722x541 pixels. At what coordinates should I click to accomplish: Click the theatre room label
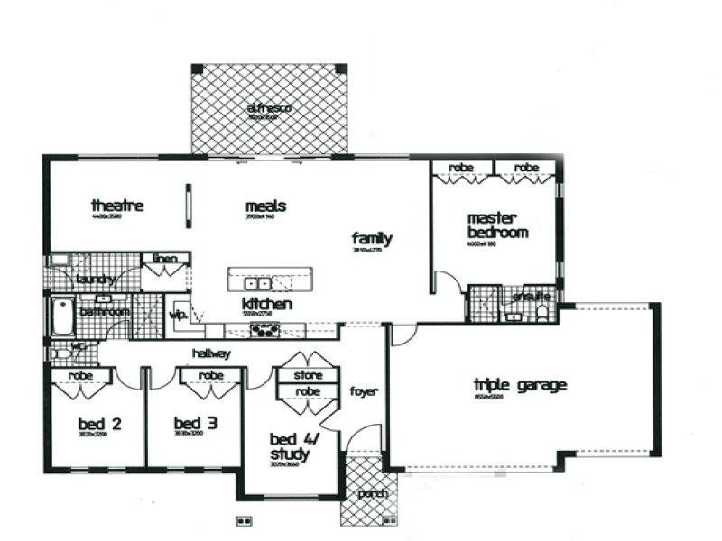(116, 206)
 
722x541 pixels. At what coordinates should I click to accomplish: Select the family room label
(372, 239)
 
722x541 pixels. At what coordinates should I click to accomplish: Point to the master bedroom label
(496, 225)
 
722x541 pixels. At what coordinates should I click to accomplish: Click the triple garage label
(520, 386)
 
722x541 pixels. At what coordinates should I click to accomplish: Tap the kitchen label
(266, 305)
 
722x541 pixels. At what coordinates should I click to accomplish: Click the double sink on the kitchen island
(255, 282)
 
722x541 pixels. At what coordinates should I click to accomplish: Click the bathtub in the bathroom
(60, 316)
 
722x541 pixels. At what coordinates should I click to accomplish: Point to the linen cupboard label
(165, 260)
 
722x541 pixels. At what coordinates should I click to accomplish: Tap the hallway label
(210, 353)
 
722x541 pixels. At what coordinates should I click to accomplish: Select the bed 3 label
(194, 422)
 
